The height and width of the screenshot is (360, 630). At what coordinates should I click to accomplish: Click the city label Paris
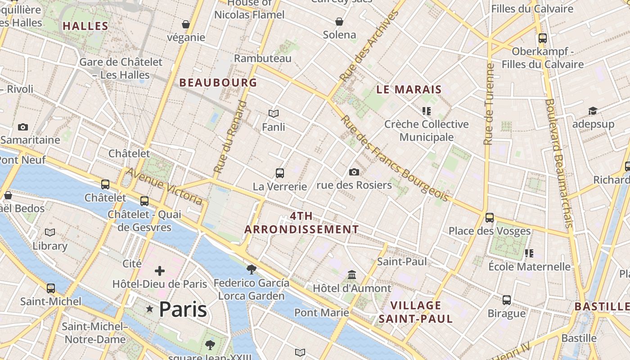tap(183, 310)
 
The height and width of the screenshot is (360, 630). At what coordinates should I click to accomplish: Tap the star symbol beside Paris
tap(150, 309)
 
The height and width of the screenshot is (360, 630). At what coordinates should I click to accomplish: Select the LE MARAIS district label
tap(409, 90)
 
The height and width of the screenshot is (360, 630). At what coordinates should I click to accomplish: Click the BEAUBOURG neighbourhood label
tap(218, 83)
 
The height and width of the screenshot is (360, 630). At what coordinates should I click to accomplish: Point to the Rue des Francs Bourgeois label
tap(395, 158)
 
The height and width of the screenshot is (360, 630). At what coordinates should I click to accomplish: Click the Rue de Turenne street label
tap(489, 104)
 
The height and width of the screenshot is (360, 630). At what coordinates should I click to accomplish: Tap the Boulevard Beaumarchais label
tap(558, 163)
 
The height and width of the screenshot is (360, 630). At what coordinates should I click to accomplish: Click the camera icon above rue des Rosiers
tap(354, 172)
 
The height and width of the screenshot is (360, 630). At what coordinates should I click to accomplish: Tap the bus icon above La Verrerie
tap(280, 173)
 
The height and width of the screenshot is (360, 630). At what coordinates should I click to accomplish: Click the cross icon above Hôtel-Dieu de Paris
tap(160, 271)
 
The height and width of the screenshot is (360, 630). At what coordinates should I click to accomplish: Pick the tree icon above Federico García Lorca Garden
tap(252, 270)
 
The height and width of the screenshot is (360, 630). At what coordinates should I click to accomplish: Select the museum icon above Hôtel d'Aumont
tap(352, 274)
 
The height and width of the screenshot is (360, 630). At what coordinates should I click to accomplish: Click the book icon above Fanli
tap(274, 113)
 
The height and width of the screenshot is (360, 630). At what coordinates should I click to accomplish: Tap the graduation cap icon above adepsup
tap(593, 111)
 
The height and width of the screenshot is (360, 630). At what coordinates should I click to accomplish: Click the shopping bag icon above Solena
tap(339, 22)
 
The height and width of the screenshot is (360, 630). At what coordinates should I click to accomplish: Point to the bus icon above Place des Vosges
tap(490, 218)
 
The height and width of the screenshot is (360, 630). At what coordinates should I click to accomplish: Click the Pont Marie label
tap(322, 312)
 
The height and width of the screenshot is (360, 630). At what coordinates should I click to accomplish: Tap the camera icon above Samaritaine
tap(23, 127)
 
